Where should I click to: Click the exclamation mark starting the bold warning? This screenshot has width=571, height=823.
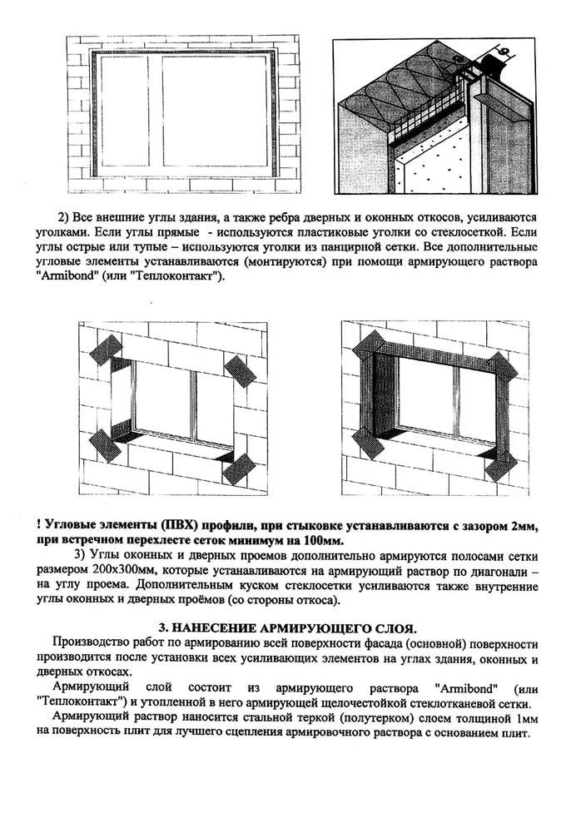coord(40,523)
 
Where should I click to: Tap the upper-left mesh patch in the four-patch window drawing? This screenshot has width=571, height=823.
coord(106,350)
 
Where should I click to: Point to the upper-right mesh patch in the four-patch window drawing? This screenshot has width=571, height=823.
coord(240,371)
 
